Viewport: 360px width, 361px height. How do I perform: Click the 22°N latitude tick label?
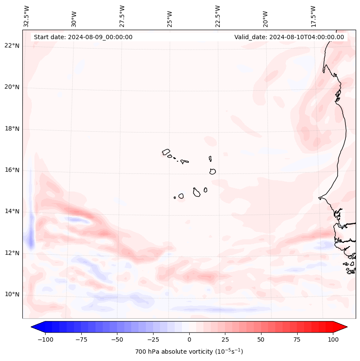tap(12, 46)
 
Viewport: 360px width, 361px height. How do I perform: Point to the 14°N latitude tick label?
tap(12, 211)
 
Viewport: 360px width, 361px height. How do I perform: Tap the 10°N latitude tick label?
tap(12, 294)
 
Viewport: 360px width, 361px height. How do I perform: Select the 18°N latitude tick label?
tap(12, 129)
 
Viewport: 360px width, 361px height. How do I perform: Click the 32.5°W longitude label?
tap(27, 16)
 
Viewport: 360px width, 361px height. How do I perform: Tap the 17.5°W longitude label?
tap(313, 16)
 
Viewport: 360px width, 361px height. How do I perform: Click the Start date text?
tap(83, 37)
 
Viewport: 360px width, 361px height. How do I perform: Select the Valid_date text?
tap(289, 37)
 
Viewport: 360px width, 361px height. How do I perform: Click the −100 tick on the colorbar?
tap(45, 339)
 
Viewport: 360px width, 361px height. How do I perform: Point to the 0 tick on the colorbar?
tap(189, 339)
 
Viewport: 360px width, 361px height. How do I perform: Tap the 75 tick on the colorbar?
tap(297, 339)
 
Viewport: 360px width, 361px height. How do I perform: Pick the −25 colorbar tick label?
tap(153, 339)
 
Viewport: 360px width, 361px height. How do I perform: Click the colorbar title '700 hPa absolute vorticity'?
tap(189, 352)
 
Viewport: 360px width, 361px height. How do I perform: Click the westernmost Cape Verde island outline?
tap(166, 151)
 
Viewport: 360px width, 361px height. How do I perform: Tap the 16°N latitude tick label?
tap(12, 170)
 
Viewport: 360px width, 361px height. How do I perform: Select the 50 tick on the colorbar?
tap(261, 339)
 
